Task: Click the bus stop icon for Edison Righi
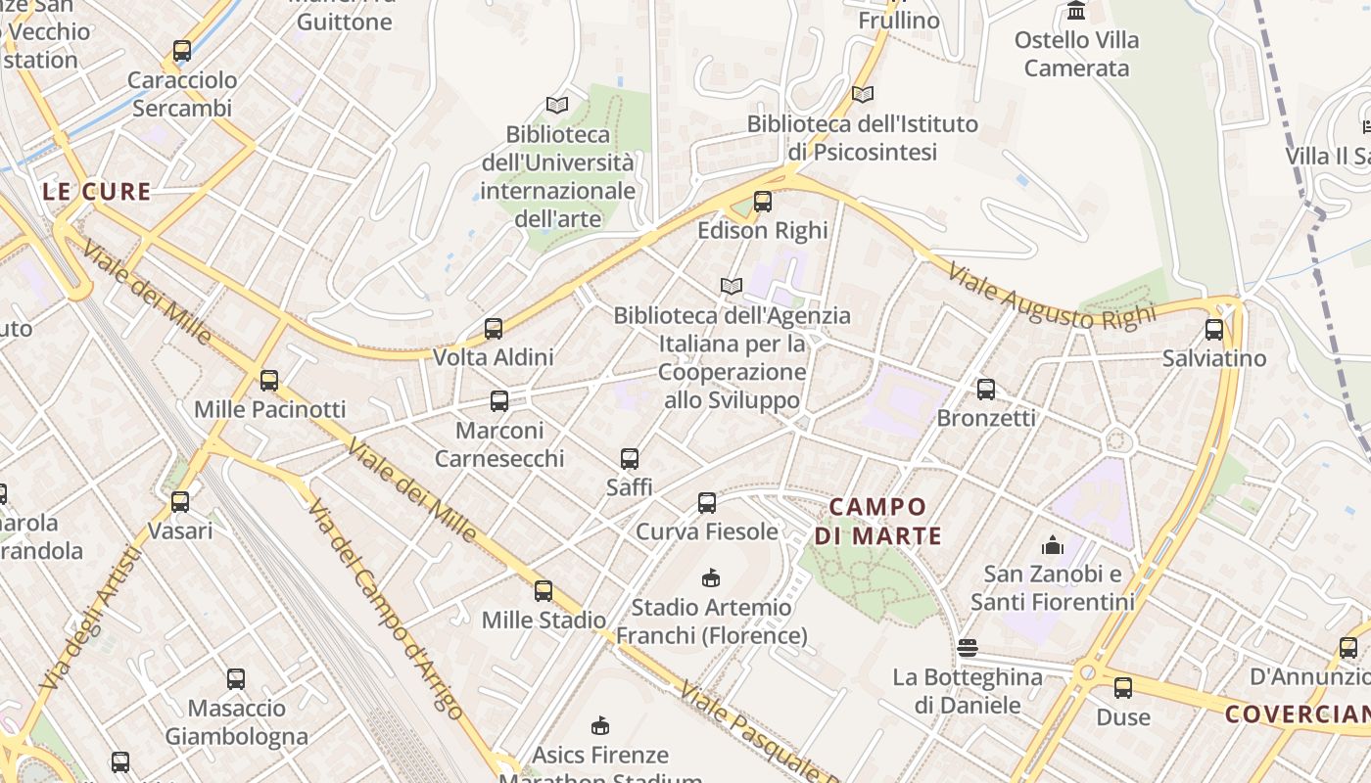tap(763, 202)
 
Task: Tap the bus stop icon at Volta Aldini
tap(494, 329)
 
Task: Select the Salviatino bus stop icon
tap(1214, 330)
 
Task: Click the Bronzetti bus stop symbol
tap(986, 390)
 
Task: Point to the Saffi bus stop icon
tap(630, 458)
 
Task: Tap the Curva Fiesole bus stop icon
tap(707, 503)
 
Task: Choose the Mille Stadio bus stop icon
tap(544, 591)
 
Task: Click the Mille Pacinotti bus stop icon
tap(269, 381)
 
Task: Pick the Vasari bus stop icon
tap(180, 502)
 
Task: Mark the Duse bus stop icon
tap(1123, 688)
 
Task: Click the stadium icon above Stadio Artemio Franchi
tap(712, 578)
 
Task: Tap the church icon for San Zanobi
tap(1053, 545)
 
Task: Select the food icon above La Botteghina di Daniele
tap(968, 648)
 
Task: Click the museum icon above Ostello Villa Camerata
tap(1077, 12)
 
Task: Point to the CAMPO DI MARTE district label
tap(877, 521)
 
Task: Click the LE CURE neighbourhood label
tap(97, 192)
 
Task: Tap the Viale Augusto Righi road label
tap(1052, 289)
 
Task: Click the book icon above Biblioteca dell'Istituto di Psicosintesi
tap(863, 95)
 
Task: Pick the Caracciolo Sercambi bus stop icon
tap(182, 51)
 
